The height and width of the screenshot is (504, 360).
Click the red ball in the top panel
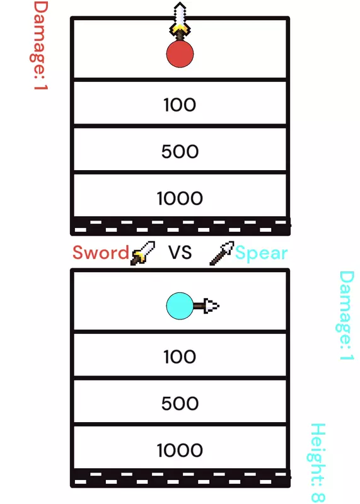tap(180, 54)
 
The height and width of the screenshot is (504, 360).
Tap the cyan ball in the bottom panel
tap(180, 306)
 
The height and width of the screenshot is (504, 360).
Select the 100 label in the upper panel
tap(180, 105)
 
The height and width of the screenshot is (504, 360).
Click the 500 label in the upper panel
tap(180, 151)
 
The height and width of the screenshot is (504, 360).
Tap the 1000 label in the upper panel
tap(180, 198)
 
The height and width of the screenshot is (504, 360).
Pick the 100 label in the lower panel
tap(180, 357)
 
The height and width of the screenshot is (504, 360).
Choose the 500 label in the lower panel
tap(180, 403)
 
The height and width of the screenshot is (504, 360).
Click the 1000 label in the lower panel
tap(180, 450)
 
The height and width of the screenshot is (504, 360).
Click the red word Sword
tap(101, 253)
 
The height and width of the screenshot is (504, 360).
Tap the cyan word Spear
tap(261, 254)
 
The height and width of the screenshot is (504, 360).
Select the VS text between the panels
tap(180, 253)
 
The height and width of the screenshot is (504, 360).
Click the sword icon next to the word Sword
tap(142, 253)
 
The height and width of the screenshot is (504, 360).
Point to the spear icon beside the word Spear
tap(222, 253)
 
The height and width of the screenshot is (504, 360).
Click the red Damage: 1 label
tap(40, 45)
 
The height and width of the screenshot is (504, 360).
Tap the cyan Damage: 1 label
tap(346, 316)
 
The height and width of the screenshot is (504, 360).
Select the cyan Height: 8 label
tap(318, 463)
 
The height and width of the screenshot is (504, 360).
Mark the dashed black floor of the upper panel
tap(180, 226)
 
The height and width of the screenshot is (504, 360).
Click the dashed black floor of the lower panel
tap(180, 478)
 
